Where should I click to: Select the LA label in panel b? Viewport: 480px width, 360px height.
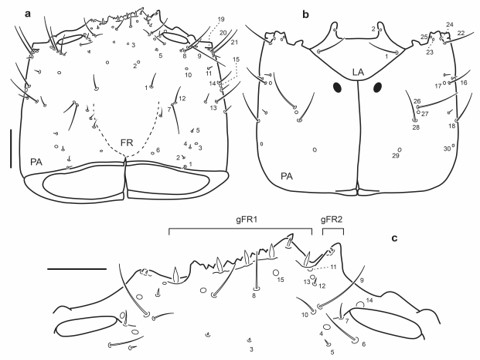[357, 72]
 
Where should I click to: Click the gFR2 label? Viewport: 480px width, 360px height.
[332, 219]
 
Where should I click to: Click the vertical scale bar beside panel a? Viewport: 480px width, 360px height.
[11, 148]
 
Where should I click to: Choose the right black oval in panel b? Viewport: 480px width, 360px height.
[378, 88]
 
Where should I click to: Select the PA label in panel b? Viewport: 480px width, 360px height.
[287, 176]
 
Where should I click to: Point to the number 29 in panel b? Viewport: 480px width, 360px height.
[395, 155]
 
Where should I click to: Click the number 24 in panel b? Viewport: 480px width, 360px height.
[449, 24]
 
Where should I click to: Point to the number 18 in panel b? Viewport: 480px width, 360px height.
[452, 126]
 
